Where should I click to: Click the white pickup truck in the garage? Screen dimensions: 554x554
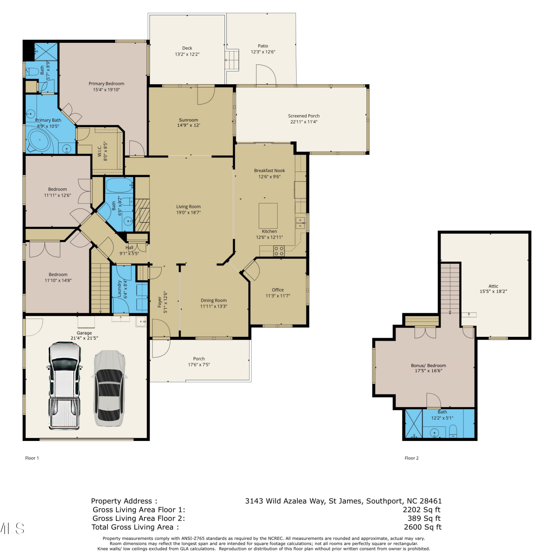pos(64,386)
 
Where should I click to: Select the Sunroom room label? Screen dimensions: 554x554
pos(188,120)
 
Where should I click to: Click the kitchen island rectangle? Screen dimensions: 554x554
pos(268,216)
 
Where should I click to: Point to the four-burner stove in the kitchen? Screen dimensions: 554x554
pos(279,251)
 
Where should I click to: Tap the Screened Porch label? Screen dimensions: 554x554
pos(304,116)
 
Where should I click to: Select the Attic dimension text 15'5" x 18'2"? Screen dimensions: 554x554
pos(493,291)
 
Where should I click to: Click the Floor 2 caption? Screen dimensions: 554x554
pos(412,458)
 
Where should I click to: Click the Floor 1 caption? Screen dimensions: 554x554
pos(32,458)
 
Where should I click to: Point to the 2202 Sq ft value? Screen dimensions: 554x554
pos(422,510)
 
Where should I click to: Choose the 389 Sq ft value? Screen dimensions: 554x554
pos(424,519)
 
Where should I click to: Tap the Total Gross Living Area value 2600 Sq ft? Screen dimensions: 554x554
pos(423,527)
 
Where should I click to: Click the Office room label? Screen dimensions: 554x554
pos(278,290)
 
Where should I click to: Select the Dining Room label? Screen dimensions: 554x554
pos(214,300)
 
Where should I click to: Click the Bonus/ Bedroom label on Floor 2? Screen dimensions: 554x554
pos(428,365)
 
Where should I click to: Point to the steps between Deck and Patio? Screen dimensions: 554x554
pos(232,60)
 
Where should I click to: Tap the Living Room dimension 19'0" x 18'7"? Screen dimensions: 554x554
pos(188,212)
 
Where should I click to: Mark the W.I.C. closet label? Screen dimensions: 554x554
pos(100,151)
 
